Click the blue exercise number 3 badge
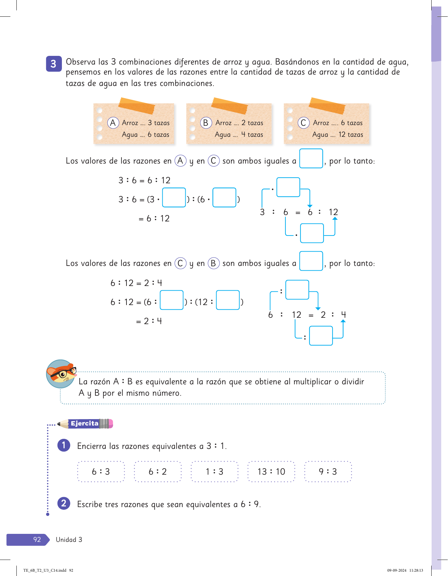coord(54,64)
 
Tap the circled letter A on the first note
coord(113,123)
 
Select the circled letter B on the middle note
coord(206,123)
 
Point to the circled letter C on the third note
coord(303,123)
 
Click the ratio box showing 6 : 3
coord(101,472)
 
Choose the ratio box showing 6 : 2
coord(158,472)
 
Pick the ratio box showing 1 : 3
coord(214,472)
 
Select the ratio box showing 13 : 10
coord(271,472)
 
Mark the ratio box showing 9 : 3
coord(328,472)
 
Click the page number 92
coord(37,540)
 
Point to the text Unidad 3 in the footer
coord(69,540)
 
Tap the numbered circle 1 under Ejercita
coord(64,445)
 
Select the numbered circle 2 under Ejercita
coord(64,503)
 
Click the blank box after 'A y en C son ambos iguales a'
coord(311,159)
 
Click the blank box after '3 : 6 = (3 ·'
coord(174,198)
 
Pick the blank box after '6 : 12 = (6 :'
coord(172,300)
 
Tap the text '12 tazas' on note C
coord(351,134)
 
